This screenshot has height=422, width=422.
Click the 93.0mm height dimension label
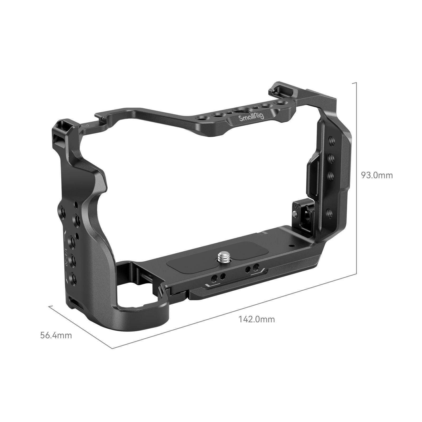(x=377, y=175)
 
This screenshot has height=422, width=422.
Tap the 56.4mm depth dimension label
(x=56, y=335)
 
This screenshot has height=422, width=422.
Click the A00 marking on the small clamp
(x=296, y=205)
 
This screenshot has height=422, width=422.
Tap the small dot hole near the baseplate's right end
(x=291, y=245)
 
